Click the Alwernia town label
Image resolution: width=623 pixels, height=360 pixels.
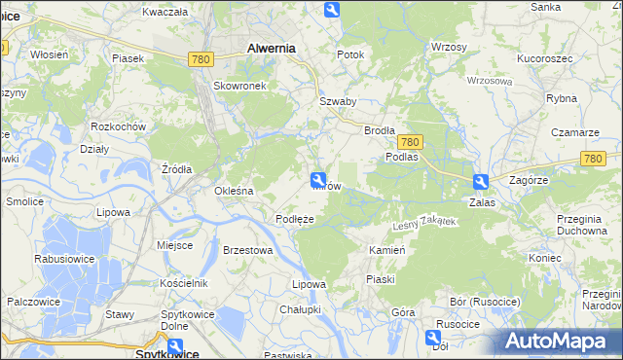[x=272, y=47]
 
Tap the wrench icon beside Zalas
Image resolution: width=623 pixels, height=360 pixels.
[x=480, y=182]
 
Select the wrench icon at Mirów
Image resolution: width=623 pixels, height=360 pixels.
[x=318, y=179]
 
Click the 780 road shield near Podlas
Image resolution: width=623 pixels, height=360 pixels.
[x=409, y=142]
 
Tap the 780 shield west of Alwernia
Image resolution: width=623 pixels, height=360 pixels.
[x=201, y=59]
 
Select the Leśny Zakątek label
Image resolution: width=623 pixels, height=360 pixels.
[x=423, y=224]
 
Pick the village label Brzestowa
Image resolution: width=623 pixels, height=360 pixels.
[x=247, y=250]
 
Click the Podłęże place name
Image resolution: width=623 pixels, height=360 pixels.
[x=294, y=219]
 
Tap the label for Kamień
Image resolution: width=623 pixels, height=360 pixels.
[x=386, y=250]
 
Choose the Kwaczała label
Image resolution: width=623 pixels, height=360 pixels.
[x=165, y=12]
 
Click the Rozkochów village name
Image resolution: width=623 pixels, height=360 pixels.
[x=118, y=126]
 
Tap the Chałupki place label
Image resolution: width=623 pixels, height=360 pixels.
[x=300, y=309]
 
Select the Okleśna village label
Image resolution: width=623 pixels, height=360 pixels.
[x=234, y=191]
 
